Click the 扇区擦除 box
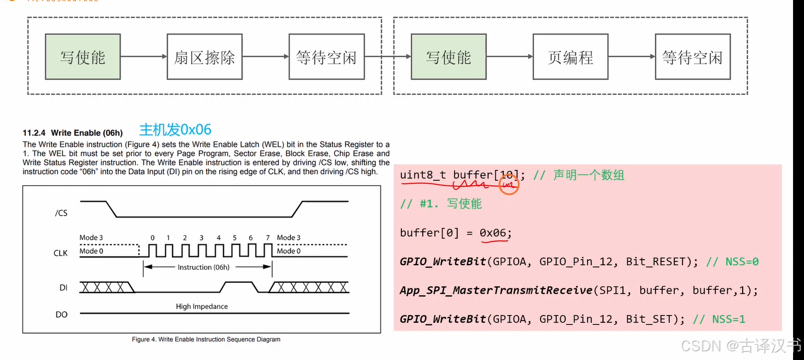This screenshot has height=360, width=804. coord(204,57)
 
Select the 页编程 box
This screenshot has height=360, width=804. coord(570,57)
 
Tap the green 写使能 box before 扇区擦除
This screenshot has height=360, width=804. coord(83,57)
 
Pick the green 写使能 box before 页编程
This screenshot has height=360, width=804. coord(449,57)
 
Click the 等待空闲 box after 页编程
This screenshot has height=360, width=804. coord(692,57)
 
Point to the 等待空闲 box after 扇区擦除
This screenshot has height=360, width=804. coord(326,57)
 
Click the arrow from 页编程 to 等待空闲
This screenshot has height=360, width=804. coord(631,56)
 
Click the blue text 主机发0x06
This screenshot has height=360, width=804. coord(175,129)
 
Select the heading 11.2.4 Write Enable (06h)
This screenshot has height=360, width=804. coord(73,133)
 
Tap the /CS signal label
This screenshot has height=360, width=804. coord(61,213)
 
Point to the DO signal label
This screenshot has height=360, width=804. coord(61,315)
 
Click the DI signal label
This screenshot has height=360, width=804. coord(63,287)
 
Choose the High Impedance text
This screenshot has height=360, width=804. coord(202,306)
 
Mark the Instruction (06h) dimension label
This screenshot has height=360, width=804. coord(203,267)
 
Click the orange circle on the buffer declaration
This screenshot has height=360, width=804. coord(509,185)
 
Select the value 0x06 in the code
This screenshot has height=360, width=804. coord(493,233)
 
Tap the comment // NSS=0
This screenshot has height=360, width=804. coord(732,261)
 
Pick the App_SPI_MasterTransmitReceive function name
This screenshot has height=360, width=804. coord(496,290)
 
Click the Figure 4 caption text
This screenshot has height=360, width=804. coord(206,339)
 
